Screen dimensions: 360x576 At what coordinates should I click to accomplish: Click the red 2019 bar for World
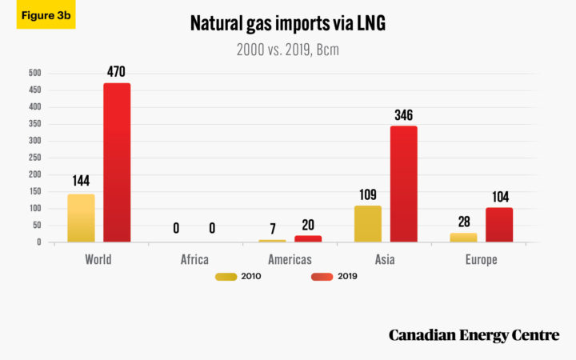click(x=117, y=162)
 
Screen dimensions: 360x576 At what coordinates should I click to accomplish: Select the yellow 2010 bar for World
click(x=81, y=218)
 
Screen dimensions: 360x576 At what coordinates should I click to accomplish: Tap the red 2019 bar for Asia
click(x=404, y=184)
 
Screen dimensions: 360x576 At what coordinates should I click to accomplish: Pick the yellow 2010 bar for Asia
click(x=368, y=223)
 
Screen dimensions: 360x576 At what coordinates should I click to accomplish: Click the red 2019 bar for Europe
click(x=499, y=225)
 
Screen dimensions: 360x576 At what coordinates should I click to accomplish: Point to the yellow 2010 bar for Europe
click(x=463, y=238)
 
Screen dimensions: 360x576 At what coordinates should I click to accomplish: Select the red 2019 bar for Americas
click(x=308, y=238)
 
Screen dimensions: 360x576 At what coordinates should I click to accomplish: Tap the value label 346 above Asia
click(x=404, y=115)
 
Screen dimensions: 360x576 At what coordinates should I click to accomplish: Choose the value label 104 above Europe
click(x=499, y=197)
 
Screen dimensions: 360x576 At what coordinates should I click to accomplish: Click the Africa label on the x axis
click(x=194, y=260)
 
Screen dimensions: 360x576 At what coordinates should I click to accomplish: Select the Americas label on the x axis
click(x=290, y=260)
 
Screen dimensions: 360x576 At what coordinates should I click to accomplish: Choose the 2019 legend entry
click(x=333, y=277)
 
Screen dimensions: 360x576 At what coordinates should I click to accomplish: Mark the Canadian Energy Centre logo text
click(x=474, y=335)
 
